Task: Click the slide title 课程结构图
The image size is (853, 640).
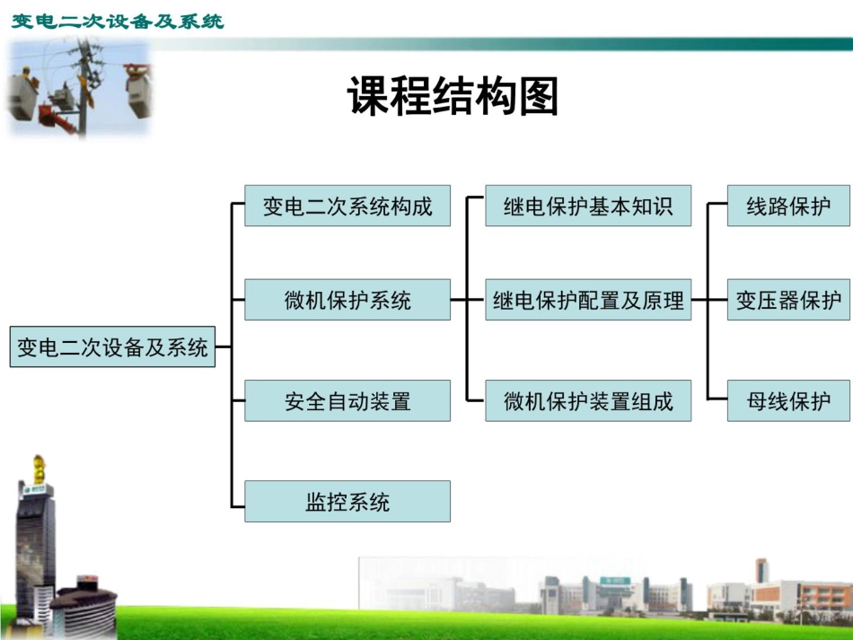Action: [x=453, y=96]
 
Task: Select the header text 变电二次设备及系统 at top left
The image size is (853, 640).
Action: [x=118, y=21]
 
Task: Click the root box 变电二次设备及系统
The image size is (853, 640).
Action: [x=112, y=347]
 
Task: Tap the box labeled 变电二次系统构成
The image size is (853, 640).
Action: [x=347, y=206]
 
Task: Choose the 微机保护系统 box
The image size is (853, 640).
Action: [x=347, y=300]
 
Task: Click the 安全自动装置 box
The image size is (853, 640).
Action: [x=347, y=400]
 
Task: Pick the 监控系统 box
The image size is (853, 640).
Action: [x=347, y=502]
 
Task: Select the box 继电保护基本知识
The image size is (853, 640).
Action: [x=588, y=206]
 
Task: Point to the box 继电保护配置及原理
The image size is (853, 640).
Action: [x=588, y=300]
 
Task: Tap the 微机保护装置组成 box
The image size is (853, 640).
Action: [x=588, y=400]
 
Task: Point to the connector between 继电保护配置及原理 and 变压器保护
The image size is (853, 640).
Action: [x=709, y=300]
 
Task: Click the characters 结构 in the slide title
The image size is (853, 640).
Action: [x=453, y=96]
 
